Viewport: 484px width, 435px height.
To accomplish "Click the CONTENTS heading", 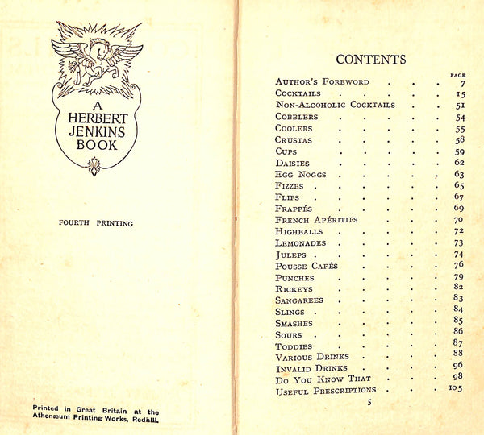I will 371,59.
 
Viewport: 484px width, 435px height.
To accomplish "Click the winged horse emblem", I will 96,59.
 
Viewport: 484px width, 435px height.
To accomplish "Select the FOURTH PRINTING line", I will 97,223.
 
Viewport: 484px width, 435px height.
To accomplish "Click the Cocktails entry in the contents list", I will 298,93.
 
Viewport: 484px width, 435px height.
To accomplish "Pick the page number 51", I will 459,105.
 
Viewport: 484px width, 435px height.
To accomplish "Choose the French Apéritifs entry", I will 316,219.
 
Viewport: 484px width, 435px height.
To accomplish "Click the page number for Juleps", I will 459,254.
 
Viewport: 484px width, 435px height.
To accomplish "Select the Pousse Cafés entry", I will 306,266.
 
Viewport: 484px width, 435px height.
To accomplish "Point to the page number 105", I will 457,388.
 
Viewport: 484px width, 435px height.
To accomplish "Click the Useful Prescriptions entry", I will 325,391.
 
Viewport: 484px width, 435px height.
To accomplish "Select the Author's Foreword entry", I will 323,81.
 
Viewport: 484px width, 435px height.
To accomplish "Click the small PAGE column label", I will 457,75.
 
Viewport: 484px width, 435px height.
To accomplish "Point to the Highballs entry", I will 298,231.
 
